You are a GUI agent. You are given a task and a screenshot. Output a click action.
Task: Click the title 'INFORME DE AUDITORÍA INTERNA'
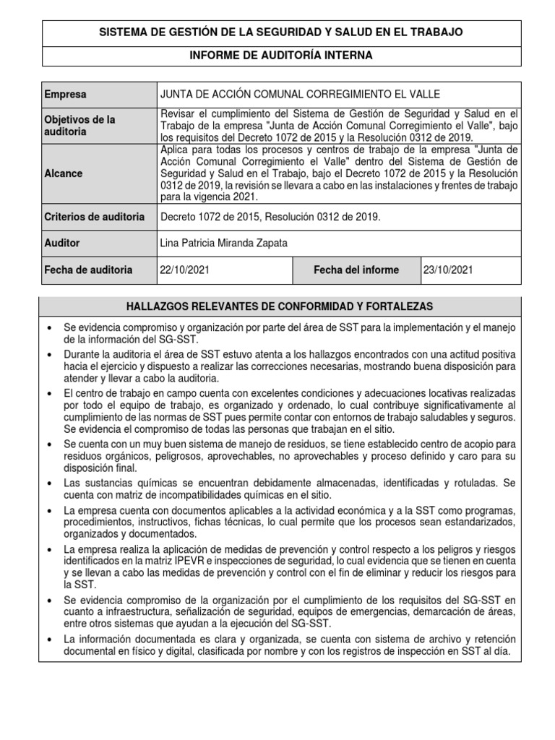click(281, 56)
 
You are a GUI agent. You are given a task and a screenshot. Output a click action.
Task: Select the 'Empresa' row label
click(65, 95)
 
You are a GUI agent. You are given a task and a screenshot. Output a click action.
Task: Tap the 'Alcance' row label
click(64, 173)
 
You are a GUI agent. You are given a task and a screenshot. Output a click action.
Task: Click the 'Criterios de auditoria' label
click(95, 217)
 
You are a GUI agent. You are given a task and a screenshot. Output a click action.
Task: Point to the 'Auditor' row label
click(62, 244)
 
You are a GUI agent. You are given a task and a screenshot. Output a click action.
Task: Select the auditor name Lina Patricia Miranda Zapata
click(223, 244)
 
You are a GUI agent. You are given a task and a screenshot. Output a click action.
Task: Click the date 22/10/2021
click(186, 270)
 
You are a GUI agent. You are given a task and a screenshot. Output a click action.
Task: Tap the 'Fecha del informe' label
click(356, 270)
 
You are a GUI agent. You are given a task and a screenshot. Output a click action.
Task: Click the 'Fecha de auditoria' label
click(88, 270)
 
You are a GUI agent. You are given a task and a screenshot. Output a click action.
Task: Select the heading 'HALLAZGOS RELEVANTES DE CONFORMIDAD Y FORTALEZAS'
click(280, 307)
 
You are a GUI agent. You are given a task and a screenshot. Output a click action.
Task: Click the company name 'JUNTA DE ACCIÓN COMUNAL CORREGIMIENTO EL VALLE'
click(299, 95)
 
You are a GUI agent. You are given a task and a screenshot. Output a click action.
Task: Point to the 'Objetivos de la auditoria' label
click(79, 126)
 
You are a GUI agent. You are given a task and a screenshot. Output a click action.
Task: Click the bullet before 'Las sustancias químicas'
click(49, 482)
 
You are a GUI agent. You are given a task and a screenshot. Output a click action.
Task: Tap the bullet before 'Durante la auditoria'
click(49, 356)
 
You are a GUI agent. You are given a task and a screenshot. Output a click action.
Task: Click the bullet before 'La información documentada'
click(49, 640)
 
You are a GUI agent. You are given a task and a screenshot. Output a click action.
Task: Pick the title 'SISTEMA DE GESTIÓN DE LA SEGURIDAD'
click(281, 33)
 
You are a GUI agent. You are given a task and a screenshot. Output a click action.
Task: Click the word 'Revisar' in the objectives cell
click(178, 114)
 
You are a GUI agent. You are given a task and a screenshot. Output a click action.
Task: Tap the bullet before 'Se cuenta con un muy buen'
click(49, 443)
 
